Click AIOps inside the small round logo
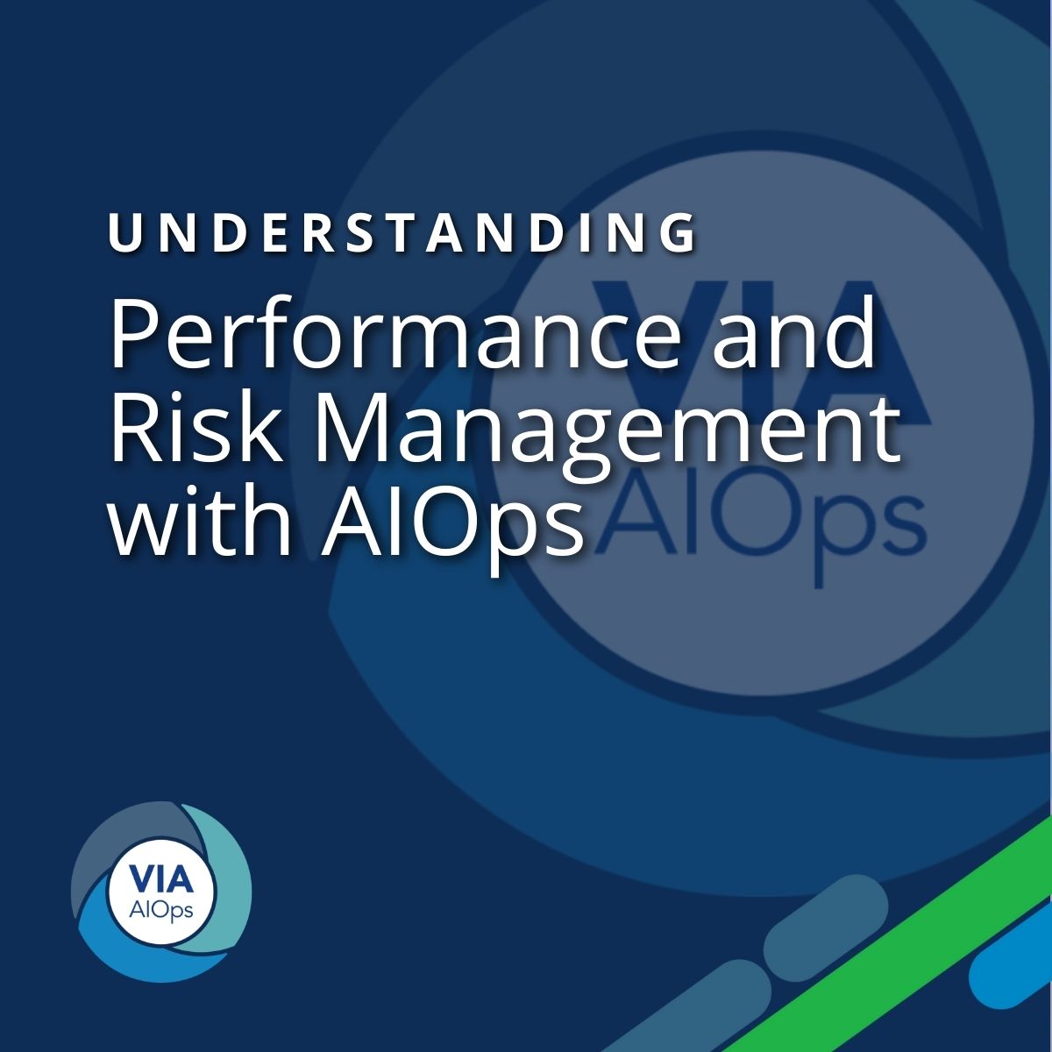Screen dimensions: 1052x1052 click(160, 910)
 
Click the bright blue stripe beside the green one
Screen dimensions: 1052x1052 click(1017, 964)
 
